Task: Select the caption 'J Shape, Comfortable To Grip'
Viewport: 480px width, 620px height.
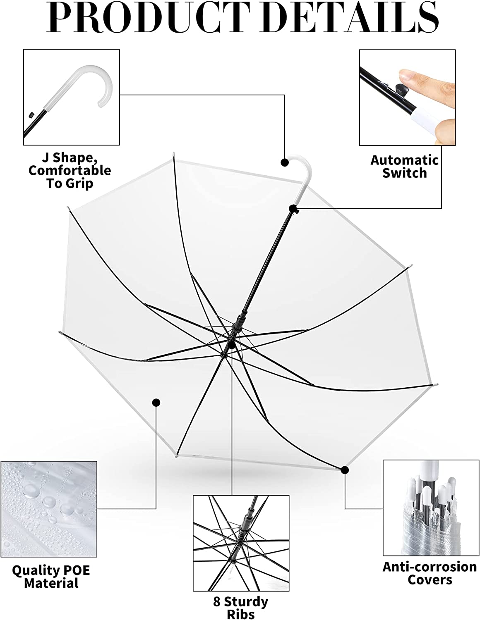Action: coord(70,170)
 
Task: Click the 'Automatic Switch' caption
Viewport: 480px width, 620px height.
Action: coord(404,166)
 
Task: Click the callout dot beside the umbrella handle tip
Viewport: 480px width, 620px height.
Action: coord(285,162)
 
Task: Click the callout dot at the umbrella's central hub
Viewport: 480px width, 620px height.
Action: coord(232,344)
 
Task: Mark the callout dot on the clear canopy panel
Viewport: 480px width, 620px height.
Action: coord(156,402)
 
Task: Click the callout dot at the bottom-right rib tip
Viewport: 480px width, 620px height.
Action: coord(345,470)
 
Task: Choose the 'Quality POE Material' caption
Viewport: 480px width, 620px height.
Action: coord(51,577)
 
